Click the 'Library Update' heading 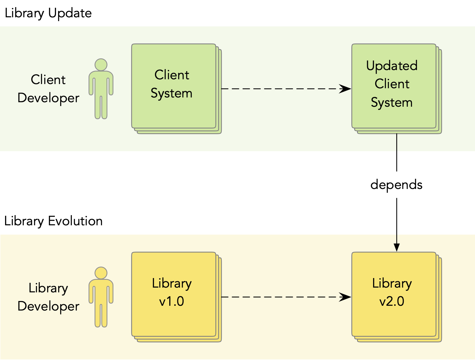point(48,13)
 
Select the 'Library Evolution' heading point(53,221)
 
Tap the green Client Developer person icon point(101,89)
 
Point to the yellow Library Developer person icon point(101,297)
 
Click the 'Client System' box point(176,89)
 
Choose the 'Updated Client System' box point(396,89)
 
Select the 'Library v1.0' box point(176,297)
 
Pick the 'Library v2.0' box point(396,297)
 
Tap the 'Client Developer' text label point(48,89)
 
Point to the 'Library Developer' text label point(48,297)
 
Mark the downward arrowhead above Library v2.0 point(397,247)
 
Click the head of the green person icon point(101,65)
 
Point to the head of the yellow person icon point(101,273)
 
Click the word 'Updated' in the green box point(392,66)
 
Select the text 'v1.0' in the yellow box point(172,301)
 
